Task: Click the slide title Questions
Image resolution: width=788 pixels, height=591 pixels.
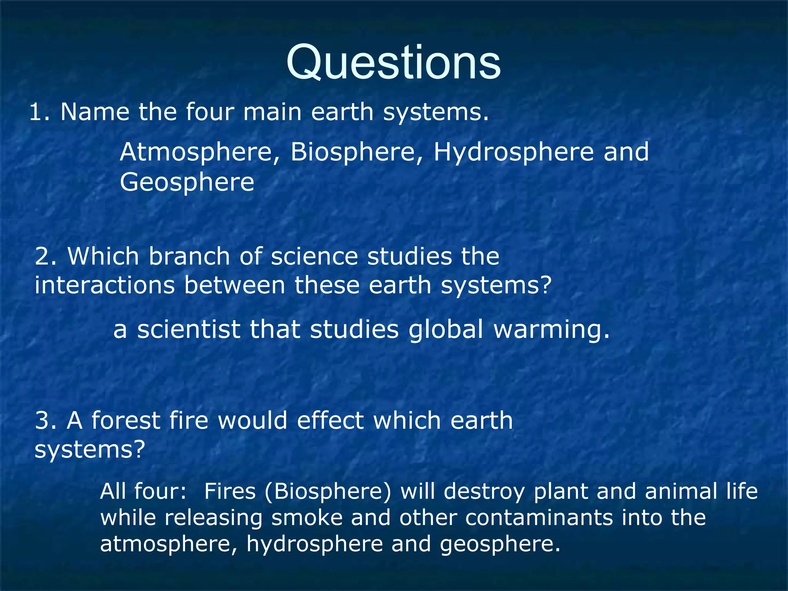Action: point(393,62)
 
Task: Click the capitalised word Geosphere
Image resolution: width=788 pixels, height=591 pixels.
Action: point(187,182)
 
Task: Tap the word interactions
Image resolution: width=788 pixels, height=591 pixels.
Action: point(104,285)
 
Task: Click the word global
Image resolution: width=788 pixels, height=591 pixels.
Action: point(446,330)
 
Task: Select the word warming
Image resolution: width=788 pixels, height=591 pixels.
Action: point(551,331)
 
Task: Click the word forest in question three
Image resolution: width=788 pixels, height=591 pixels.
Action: point(125,420)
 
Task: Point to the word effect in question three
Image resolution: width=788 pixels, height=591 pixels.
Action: point(330,420)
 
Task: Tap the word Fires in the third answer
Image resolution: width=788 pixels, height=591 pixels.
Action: point(230,491)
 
